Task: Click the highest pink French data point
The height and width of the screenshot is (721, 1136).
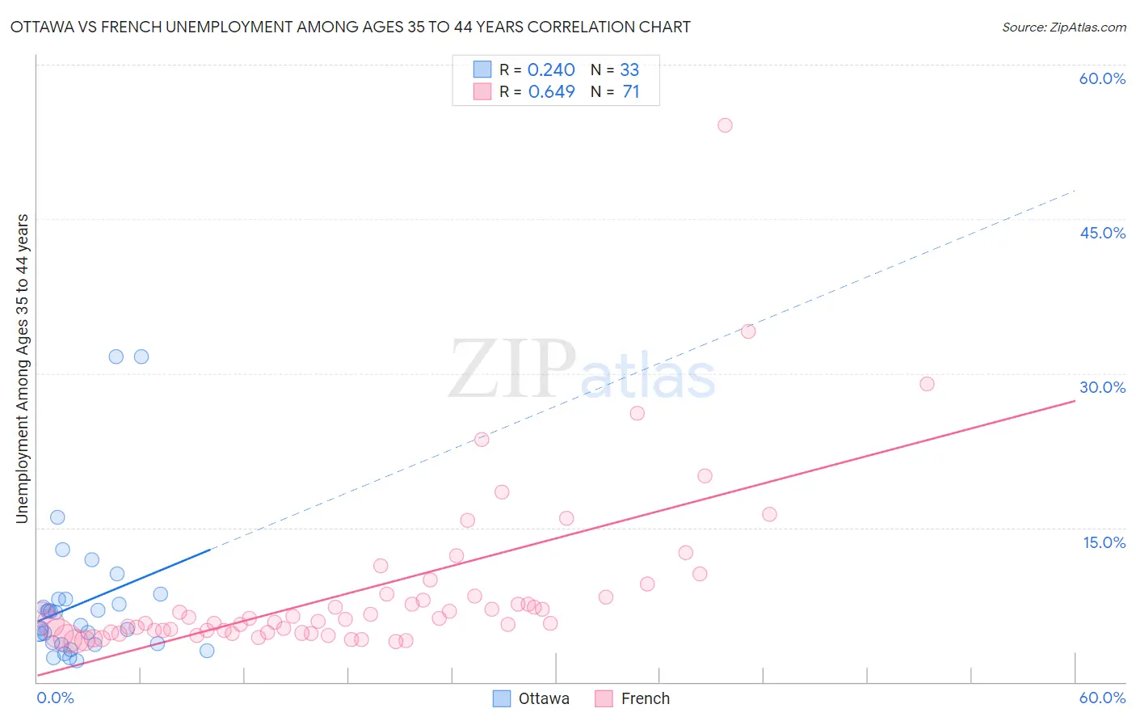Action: tap(725, 125)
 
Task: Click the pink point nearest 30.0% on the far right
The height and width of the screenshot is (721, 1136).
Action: tap(927, 384)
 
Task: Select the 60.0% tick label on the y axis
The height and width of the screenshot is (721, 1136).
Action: tap(1102, 78)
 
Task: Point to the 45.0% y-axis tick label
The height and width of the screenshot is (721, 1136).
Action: tap(1102, 233)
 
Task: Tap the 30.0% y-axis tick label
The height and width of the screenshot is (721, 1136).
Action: tap(1102, 387)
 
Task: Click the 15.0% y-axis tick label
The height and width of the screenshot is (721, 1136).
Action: tap(1104, 542)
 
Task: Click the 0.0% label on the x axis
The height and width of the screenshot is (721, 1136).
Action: tap(55, 698)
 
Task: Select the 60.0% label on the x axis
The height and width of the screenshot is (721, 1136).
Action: tap(1102, 698)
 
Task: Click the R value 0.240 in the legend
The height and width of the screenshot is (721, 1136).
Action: tap(551, 70)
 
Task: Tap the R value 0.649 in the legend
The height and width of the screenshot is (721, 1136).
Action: tap(551, 92)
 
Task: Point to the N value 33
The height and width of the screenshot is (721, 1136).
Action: tap(629, 70)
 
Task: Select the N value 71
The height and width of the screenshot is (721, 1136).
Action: tap(630, 92)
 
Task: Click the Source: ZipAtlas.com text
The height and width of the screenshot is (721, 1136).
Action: tap(1063, 27)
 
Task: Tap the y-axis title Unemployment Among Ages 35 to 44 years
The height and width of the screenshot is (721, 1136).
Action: tap(22, 369)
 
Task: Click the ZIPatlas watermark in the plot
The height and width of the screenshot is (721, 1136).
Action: tap(582, 370)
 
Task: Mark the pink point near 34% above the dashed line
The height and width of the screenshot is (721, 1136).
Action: tap(748, 331)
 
